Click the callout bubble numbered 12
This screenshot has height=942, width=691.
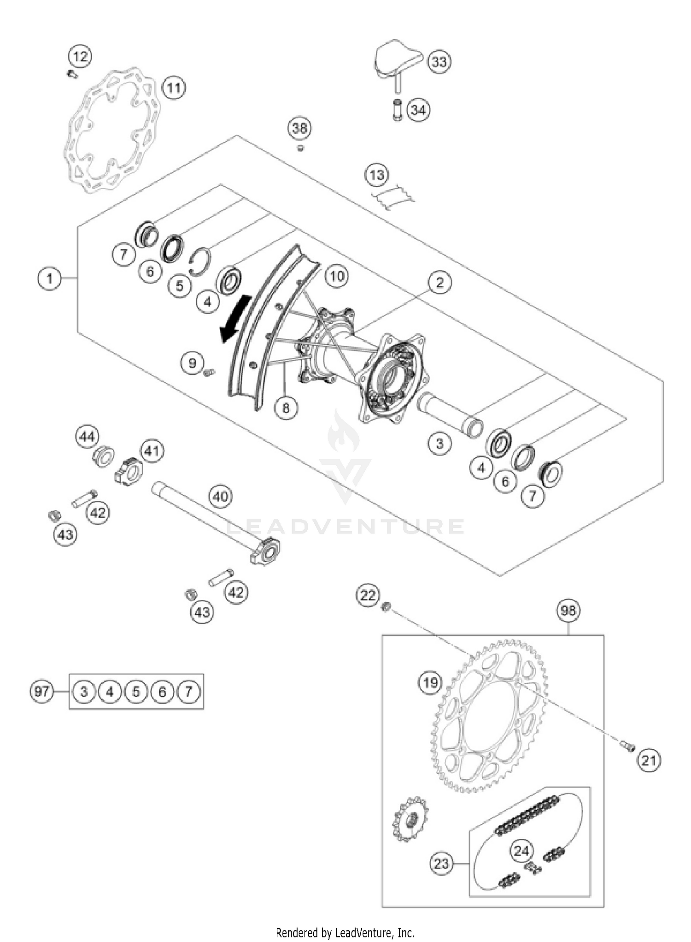[80, 57]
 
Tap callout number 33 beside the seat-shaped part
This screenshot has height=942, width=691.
[439, 61]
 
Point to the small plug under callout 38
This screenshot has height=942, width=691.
[300, 148]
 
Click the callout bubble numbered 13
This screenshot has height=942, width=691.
[376, 175]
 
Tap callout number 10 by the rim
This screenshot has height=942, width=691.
[337, 276]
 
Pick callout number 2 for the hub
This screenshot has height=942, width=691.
[439, 282]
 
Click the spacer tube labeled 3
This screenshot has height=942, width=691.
[449, 413]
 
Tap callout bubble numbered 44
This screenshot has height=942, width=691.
[87, 437]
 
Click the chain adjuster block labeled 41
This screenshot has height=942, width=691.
[129, 471]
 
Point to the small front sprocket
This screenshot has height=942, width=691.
[409, 819]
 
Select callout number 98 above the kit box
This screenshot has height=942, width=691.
[568, 610]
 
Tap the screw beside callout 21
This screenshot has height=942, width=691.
[627, 745]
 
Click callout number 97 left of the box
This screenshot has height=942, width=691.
[41, 692]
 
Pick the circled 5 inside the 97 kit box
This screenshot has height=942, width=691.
[136, 692]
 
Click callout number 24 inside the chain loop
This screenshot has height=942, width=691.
[521, 850]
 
